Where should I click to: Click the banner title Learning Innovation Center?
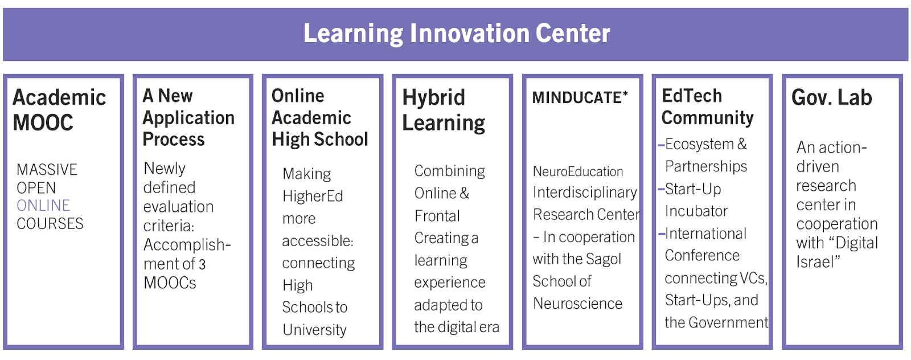456,34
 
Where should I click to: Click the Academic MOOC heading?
59,110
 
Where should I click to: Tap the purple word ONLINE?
43,206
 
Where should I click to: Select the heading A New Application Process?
188,117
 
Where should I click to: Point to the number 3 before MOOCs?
202,264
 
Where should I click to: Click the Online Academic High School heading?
319,117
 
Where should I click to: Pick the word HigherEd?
313,196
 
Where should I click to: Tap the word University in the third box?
314,329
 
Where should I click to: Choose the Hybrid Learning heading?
444,111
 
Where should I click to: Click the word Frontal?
437,215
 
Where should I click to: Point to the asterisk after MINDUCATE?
625,94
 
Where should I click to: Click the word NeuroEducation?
578,171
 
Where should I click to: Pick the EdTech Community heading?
708,107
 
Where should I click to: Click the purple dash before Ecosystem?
661,145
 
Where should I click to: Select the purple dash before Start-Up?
661,189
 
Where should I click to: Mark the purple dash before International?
661,234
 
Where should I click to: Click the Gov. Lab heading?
832,97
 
